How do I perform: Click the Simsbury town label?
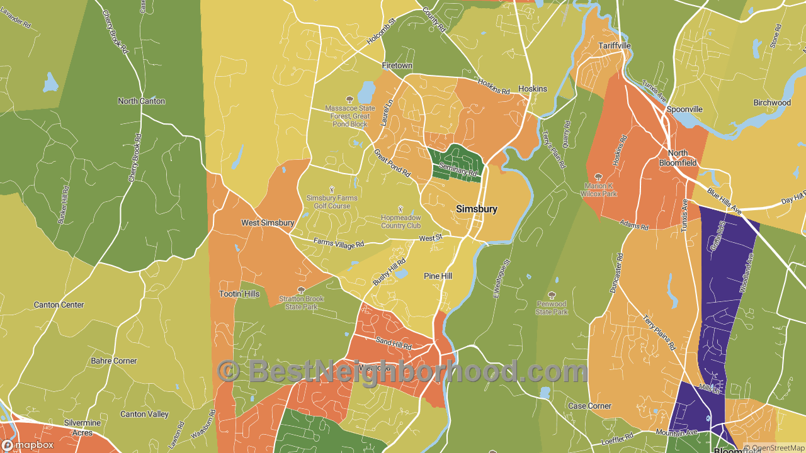(x=477, y=209)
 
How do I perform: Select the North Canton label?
(x=142, y=101)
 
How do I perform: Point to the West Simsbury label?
(x=268, y=223)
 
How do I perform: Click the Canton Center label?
(x=59, y=305)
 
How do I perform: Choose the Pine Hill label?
(x=438, y=276)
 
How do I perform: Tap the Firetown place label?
(x=397, y=65)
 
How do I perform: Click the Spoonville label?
(x=684, y=109)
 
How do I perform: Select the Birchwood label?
(x=772, y=103)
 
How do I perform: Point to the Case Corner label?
(x=590, y=406)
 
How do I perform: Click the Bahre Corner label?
(x=114, y=361)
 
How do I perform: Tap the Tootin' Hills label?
(x=239, y=294)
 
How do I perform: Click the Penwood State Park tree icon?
(x=552, y=295)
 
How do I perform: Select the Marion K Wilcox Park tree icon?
(x=598, y=177)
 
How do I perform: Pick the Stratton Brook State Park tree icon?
(x=301, y=290)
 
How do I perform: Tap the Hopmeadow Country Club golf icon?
(x=400, y=209)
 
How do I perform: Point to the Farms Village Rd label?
(x=339, y=243)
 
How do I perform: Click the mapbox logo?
(x=28, y=445)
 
